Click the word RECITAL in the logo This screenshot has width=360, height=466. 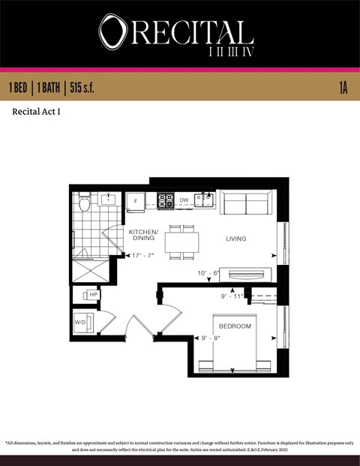[188, 32]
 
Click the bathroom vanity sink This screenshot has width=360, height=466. [109, 200]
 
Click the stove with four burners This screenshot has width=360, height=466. [165, 201]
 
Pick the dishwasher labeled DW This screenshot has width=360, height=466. [184, 200]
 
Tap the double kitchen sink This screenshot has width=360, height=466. [204, 200]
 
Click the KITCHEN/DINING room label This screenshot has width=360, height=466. [143, 235]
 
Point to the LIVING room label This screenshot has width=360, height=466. [236, 239]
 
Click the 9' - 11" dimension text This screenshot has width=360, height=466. [233, 296]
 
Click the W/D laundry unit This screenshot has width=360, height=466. [82, 323]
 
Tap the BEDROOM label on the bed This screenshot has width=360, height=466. [235, 327]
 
